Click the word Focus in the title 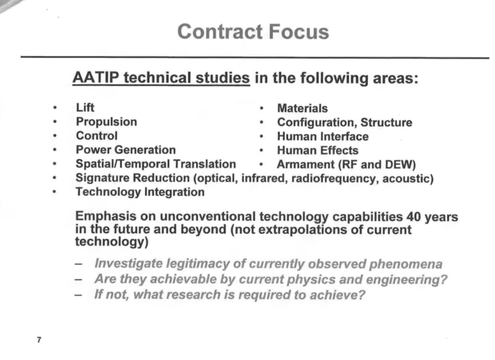click(x=298, y=32)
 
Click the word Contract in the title click(x=220, y=32)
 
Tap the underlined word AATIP click(x=96, y=78)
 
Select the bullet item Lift click(x=85, y=108)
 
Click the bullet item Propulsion click(x=106, y=122)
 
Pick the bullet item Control click(x=97, y=136)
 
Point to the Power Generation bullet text click(x=126, y=150)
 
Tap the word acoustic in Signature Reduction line click(x=407, y=178)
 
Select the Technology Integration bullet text click(x=140, y=192)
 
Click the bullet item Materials click(x=302, y=108)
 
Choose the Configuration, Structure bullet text click(x=344, y=122)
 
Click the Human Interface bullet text click(x=323, y=136)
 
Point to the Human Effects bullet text click(x=317, y=150)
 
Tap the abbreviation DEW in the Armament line click(x=400, y=165)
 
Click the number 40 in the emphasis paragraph click(x=414, y=216)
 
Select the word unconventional click(x=207, y=216)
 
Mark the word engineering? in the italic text click(x=406, y=280)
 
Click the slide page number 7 click(x=39, y=340)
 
